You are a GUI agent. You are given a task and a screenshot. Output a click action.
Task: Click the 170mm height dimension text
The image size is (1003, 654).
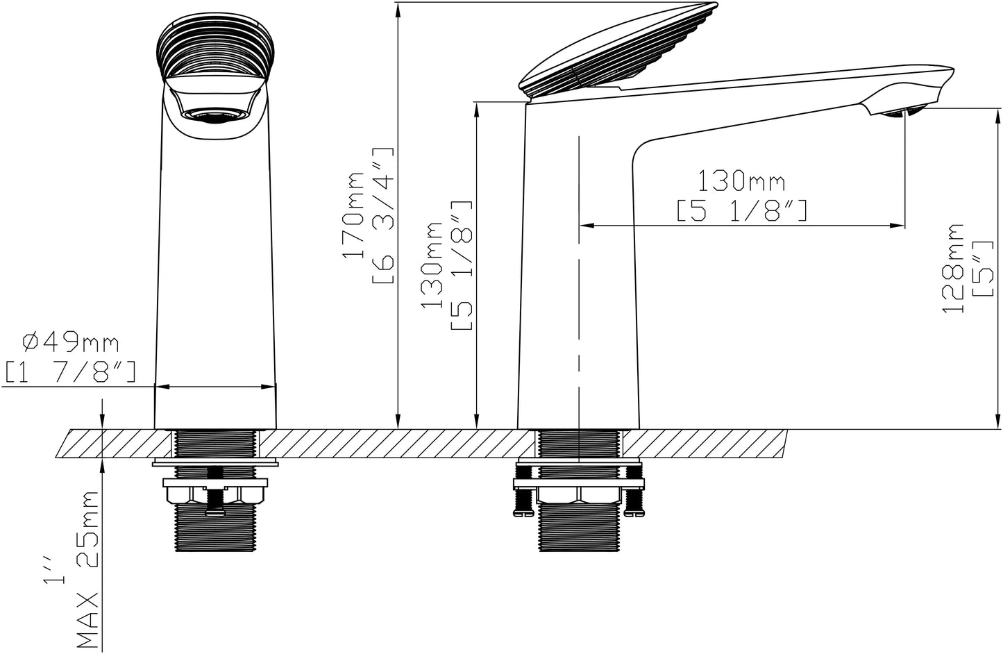(x=354, y=215)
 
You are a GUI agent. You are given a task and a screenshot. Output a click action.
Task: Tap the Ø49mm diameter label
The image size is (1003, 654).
(x=71, y=344)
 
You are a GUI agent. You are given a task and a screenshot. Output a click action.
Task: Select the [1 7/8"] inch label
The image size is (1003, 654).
(x=70, y=372)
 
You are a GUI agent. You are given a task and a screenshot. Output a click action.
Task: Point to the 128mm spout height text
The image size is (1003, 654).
(x=953, y=268)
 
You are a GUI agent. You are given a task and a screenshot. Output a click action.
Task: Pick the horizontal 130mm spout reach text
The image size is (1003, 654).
(x=741, y=181)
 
